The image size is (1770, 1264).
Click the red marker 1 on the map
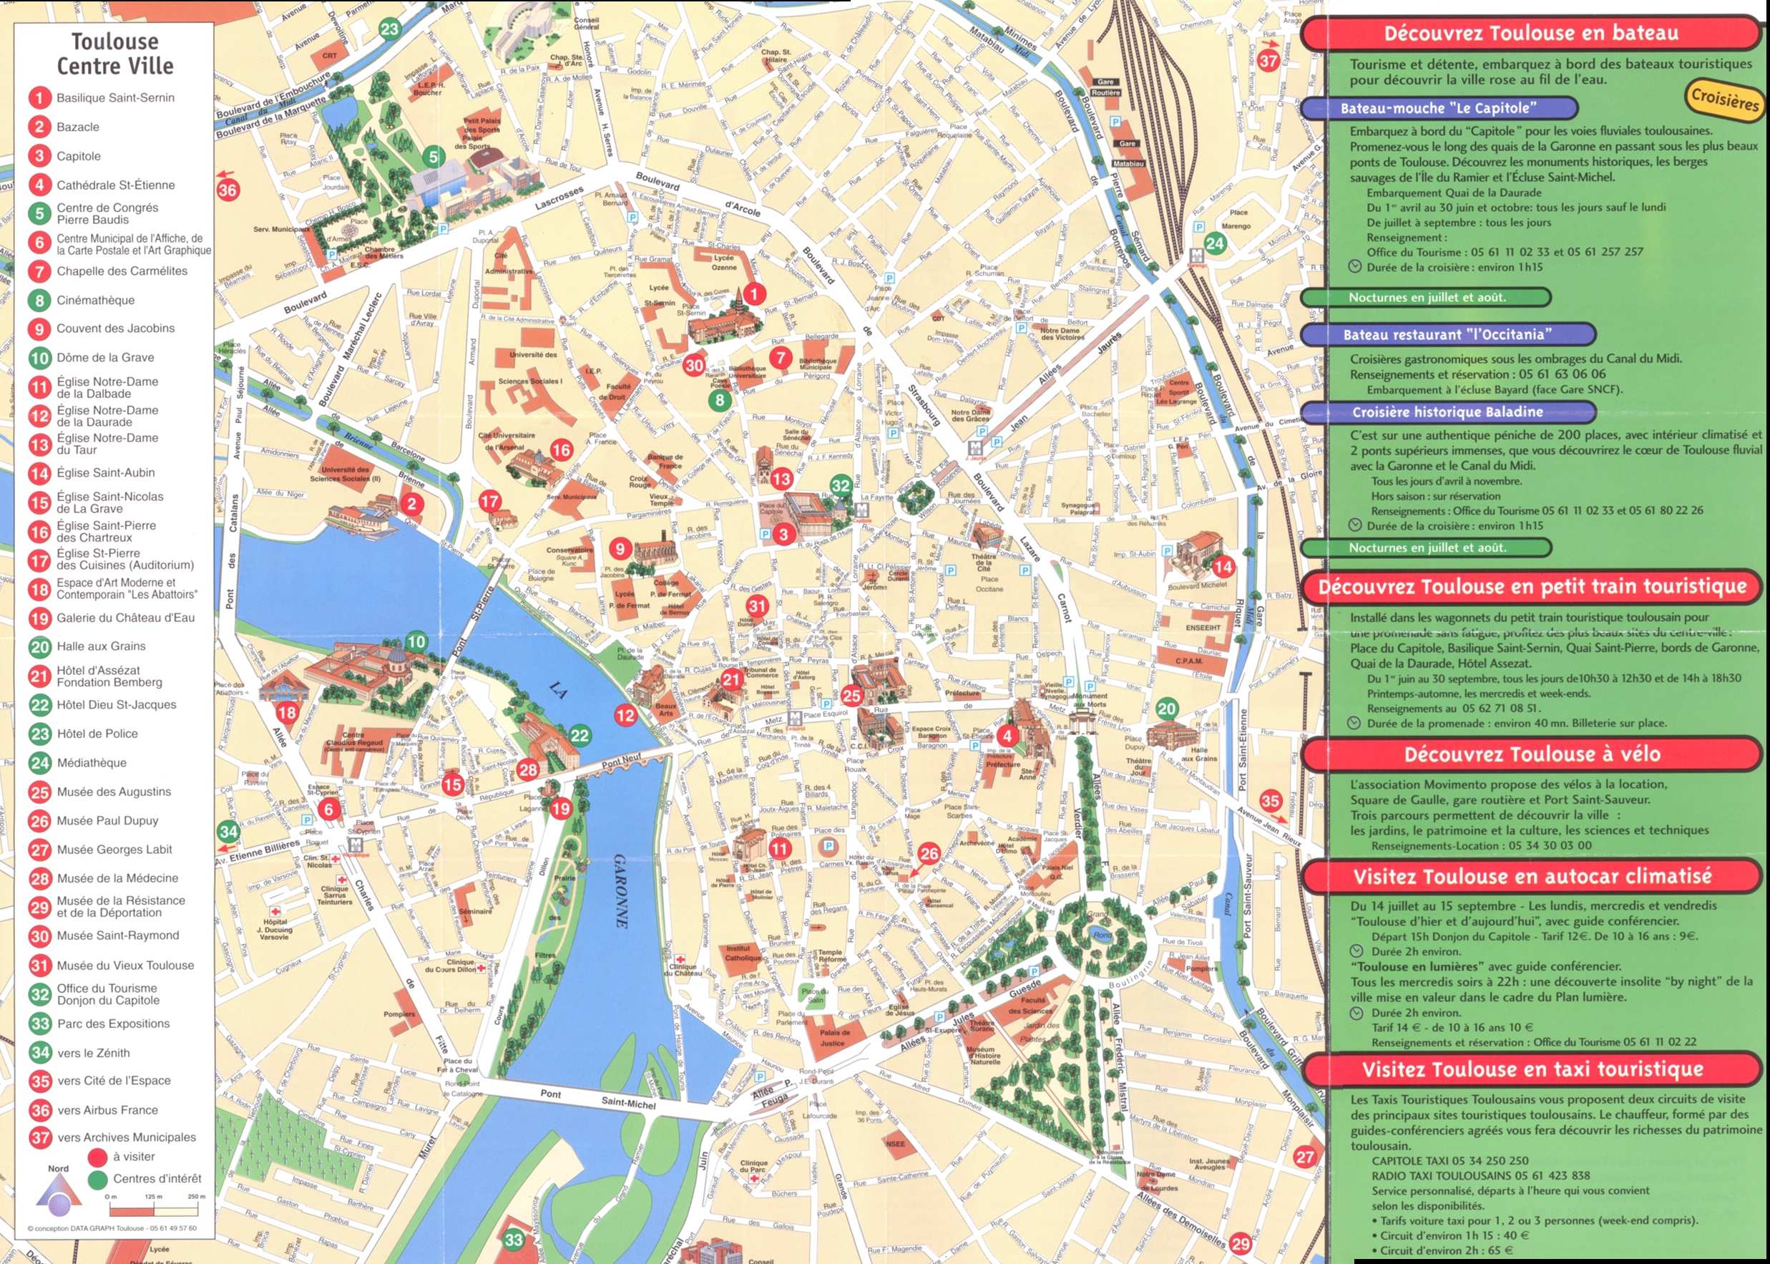coord(753,293)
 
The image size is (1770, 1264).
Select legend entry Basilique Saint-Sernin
coord(115,98)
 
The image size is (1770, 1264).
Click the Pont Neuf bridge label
coord(621,762)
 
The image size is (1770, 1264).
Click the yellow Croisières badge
coord(1724,99)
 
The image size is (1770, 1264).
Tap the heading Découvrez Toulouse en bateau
coord(1530,34)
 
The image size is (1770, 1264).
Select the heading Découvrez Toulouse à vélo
coord(1532,754)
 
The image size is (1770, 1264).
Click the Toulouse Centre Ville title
coord(114,53)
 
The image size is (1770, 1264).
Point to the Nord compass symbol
coord(59,1195)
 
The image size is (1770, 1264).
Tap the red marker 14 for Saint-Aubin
coord(1223,567)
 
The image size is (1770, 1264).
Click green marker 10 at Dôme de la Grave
coord(416,641)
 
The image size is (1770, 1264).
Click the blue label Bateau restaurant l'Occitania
coord(1447,335)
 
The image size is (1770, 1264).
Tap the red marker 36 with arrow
coord(228,189)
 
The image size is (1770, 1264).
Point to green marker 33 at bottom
coord(514,1239)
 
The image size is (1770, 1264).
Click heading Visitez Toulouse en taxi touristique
coord(1532,1069)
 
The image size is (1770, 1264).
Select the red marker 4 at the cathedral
coord(1007,735)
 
